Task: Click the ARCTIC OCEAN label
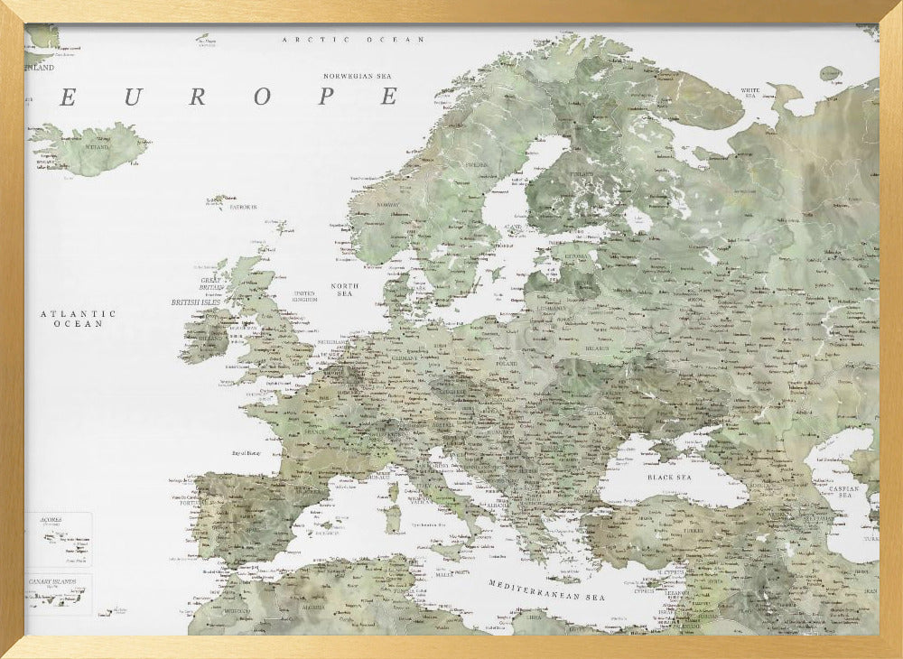point(353,40)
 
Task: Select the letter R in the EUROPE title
point(197,97)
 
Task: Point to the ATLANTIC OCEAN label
point(78,318)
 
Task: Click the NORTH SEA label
point(344,290)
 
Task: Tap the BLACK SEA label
point(669,476)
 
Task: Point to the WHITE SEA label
point(750,92)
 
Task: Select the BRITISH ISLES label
point(198,302)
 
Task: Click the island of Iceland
point(90,148)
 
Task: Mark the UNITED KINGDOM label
point(305,296)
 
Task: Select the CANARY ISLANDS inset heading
point(51,580)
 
